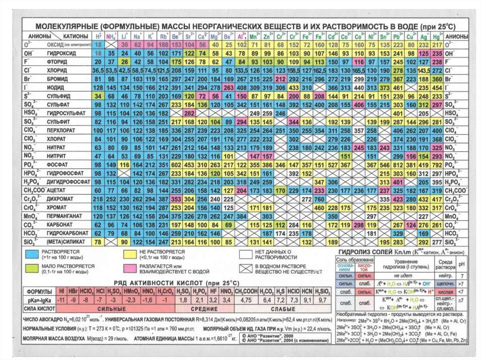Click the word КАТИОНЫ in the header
(x=74, y=36)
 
